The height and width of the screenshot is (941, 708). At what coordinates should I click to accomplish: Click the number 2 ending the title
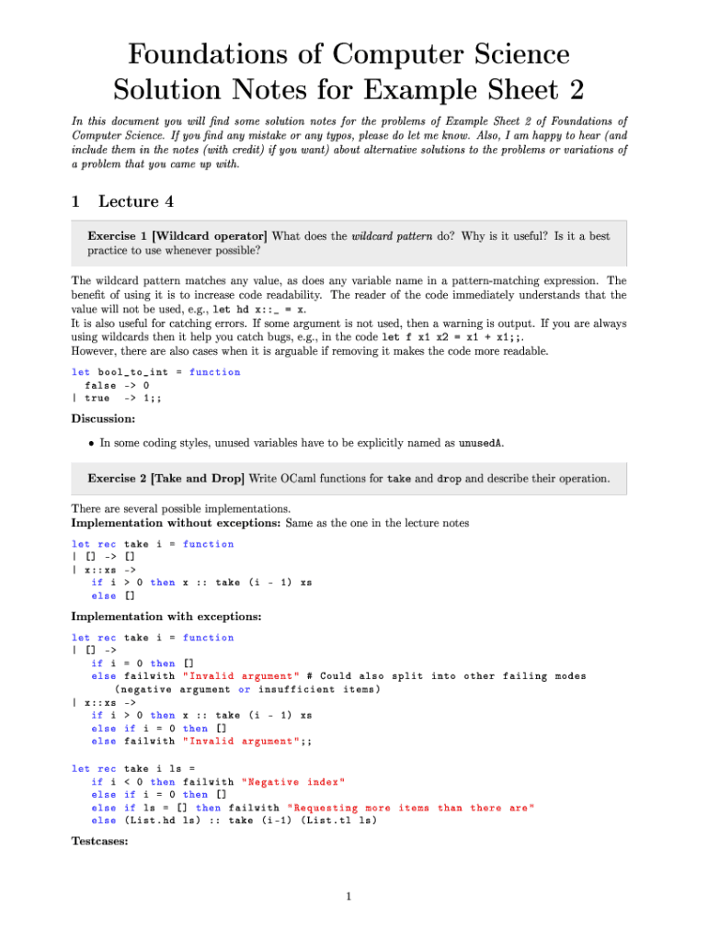click(x=574, y=90)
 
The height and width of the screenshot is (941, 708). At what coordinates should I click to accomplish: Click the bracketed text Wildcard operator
click(x=214, y=236)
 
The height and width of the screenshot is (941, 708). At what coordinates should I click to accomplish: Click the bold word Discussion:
click(x=103, y=419)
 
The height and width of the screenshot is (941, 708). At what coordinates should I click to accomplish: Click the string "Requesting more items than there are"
click(x=411, y=808)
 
